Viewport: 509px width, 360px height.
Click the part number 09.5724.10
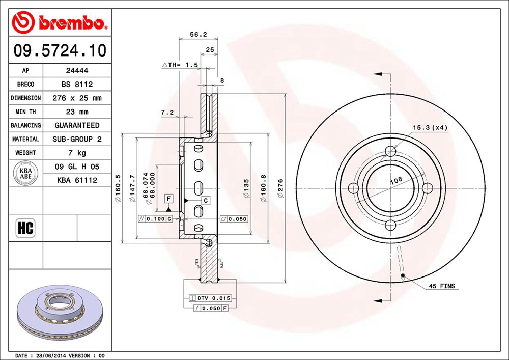[60, 50]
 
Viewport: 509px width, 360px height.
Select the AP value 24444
[77, 70]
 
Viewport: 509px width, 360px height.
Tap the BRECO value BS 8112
[77, 84]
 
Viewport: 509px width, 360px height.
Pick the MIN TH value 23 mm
[77, 112]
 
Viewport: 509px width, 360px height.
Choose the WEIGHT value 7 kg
[77, 153]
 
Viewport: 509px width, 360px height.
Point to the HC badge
[25, 228]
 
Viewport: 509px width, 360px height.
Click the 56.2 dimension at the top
[199, 35]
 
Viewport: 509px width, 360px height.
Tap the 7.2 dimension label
[167, 113]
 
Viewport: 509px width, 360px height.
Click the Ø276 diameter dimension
[281, 188]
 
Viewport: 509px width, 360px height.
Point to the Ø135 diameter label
[246, 188]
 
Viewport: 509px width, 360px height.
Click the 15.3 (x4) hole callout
[430, 128]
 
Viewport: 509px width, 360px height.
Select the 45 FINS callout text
[442, 286]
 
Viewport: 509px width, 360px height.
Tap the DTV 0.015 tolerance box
[210, 298]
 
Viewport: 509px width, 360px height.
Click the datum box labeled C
[206, 201]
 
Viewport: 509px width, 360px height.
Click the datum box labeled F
[169, 199]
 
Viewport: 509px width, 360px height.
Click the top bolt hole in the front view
[390, 151]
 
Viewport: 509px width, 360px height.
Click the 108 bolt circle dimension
[396, 180]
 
